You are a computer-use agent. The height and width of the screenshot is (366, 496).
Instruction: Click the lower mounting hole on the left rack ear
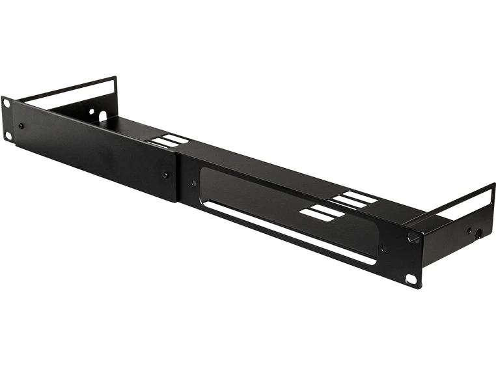pyautogui.click(x=8, y=135)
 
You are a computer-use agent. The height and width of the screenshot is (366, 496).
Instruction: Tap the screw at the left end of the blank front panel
pyautogui.click(x=21, y=126)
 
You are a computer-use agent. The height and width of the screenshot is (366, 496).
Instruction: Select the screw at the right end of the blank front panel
pyautogui.click(x=165, y=175)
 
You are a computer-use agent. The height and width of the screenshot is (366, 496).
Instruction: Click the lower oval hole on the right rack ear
pyautogui.click(x=411, y=279)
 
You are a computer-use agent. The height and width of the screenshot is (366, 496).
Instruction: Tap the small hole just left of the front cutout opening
pyautogui.click(x=193, y=184)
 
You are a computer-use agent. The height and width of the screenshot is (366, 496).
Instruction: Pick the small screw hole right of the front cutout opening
pyautogui.click(x=383, y=247)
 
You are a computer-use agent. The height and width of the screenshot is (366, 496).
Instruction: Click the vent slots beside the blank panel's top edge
pyautogui.click(x=167, y=141)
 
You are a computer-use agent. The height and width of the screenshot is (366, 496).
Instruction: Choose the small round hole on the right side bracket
pyautogui.click(x=469, y=229)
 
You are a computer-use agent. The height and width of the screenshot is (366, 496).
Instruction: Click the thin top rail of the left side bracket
pyautogui.click(x=65, y=89)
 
